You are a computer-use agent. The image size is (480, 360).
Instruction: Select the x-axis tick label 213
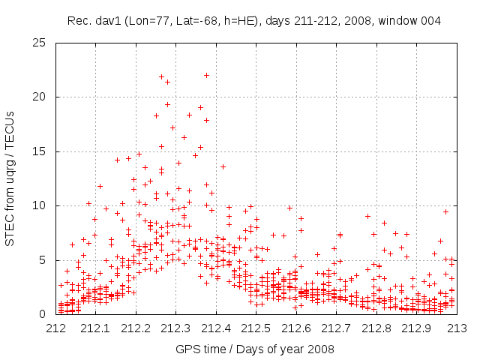pos(457,328)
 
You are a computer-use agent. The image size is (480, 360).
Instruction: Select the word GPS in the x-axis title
pos(187,349)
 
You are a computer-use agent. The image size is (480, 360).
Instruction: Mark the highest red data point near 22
pos(206,75)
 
